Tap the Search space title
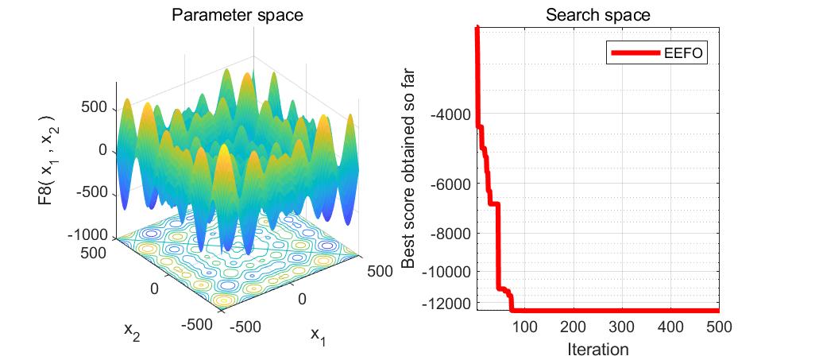597,16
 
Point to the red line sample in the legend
635,53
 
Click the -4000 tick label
450,114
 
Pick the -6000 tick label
450,184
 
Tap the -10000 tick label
447,272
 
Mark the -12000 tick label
447,304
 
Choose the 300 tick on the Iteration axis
621,327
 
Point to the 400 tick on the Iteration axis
670,327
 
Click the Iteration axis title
597,348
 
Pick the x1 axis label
318,337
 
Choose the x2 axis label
132,330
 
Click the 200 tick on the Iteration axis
573,327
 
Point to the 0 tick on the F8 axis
102,150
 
